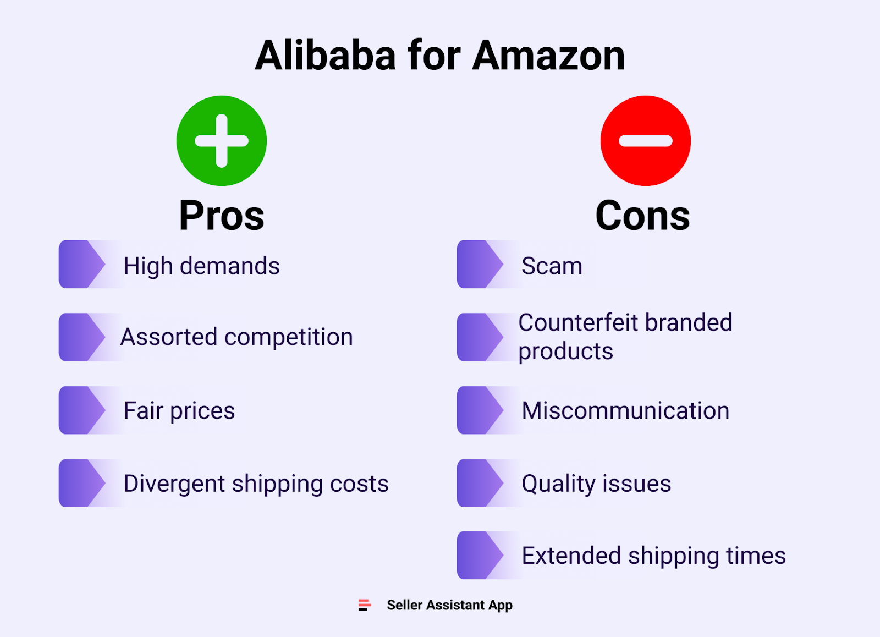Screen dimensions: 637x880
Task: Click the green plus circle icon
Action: coord(222,141)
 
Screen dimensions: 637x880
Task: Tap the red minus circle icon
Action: coord(645,141)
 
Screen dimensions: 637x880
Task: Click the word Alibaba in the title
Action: coord(325,56)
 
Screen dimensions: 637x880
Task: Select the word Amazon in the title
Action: coord(548,56)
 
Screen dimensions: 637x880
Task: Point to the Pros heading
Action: coord(222,216)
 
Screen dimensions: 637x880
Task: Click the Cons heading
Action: coord(642,216)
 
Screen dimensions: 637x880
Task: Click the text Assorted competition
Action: coord(237,337)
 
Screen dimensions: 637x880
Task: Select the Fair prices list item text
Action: coord(179,410)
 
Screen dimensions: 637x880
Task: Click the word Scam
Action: coord(552,266)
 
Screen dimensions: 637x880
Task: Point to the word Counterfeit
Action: coord(578,323)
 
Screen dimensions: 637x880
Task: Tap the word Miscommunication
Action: coord(625,410)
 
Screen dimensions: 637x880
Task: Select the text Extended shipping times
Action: coord(653,556)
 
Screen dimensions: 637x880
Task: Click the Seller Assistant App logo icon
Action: coord(365,605)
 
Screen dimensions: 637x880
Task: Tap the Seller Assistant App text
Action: coord(449,605)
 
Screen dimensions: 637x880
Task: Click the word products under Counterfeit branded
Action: coord(565,352)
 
